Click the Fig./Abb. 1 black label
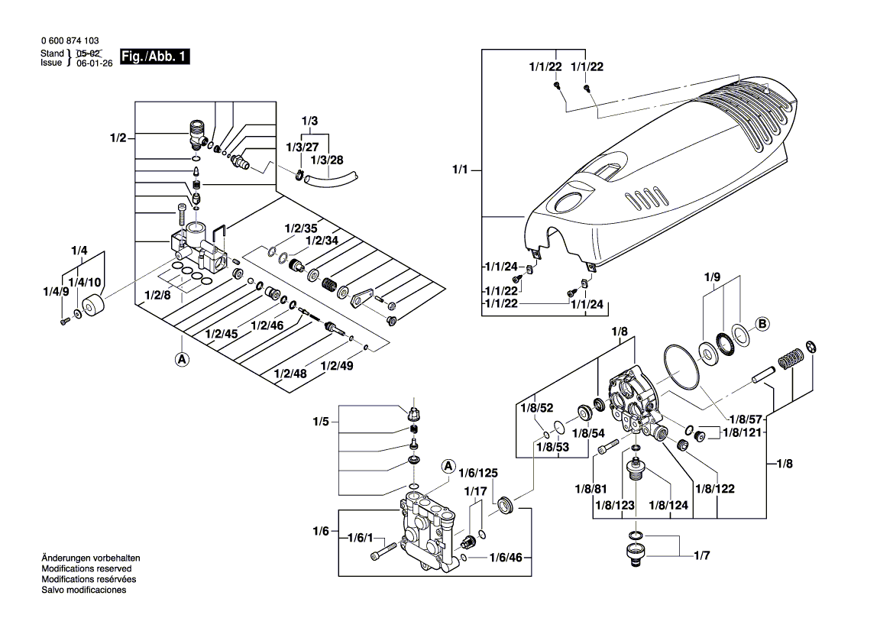(152, 57)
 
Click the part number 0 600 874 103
(70, 41)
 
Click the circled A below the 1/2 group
(182, 359)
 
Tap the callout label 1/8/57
(745, 419)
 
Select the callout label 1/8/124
(669, 505)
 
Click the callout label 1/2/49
(336, 367)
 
